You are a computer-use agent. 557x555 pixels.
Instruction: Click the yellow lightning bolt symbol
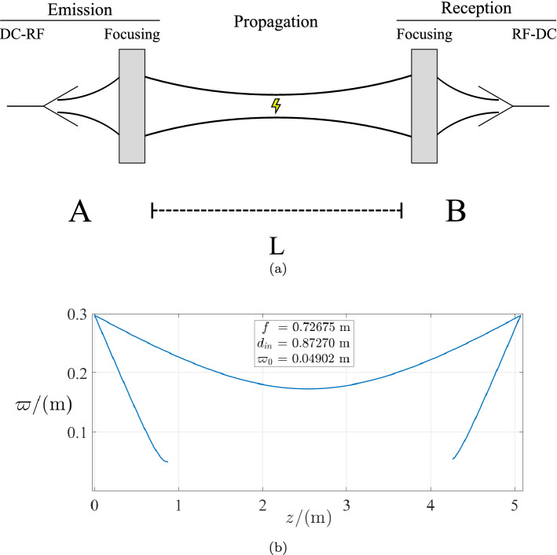(x=275, y=105)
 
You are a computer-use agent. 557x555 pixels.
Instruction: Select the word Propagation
(x=276, y=21)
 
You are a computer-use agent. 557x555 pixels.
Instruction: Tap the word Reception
(x=476, y=9)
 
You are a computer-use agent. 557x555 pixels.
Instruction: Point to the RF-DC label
(x=528, y=35)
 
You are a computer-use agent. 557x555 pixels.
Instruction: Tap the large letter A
(x=79, y=211)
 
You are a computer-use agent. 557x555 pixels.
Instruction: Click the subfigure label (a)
(x=277, y=269)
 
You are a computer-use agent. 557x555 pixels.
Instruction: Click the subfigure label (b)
(x=277, y=542)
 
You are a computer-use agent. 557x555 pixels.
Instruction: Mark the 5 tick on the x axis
(x=515, y=504)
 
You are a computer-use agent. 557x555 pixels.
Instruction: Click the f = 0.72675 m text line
(x=306, y=326)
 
